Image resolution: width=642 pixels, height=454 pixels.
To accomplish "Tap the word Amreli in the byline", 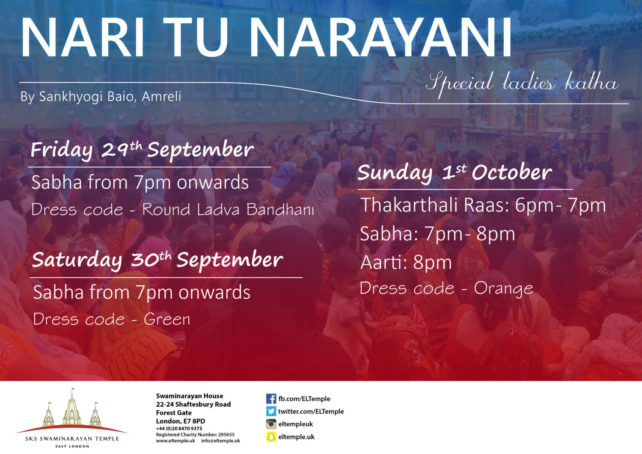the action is (x=161, y=96).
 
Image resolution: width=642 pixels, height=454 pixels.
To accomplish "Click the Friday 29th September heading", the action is (x=142, y=150).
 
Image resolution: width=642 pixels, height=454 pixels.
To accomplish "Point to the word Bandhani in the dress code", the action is (x=280, y=209).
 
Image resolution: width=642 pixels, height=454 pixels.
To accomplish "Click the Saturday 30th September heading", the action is (x=158, y=260).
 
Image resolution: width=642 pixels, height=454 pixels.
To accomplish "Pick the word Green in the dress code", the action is (x=167, y=319).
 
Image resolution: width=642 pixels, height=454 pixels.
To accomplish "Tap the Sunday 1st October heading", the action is (x=455, y=172).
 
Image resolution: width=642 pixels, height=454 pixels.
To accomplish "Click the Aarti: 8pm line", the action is (x=406, y=263).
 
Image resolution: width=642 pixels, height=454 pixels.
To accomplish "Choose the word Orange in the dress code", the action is (x=504, y=288).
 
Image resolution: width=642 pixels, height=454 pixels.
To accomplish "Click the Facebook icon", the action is (x=271, y=399).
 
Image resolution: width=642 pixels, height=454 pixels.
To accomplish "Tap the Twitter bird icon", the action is (x=271, y=411).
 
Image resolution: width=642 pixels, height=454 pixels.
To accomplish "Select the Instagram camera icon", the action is (x=271, y=424).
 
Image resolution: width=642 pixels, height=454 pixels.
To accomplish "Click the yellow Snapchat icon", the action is (x=271, y=437).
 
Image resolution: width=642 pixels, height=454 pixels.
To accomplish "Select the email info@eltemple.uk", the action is (x=220, y=441).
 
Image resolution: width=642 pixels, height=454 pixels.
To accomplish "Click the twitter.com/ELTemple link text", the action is (x=311, y=412).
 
